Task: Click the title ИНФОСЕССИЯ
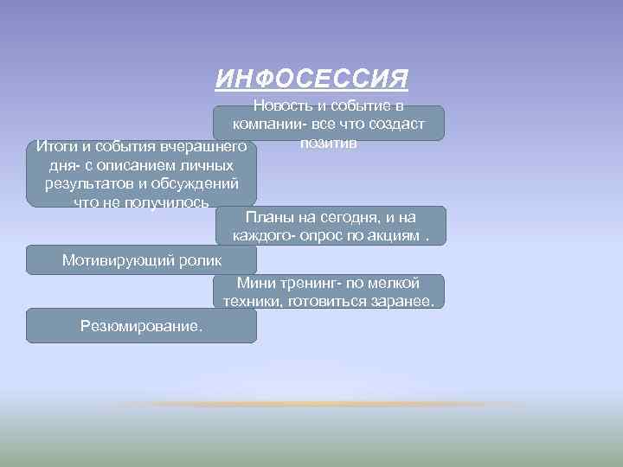coord(311,80)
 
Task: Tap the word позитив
coord(329,143)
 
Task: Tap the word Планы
coord(271,218)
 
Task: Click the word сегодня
coord(349,218)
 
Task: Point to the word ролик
coord(200,259)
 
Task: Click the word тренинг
coord(312,283)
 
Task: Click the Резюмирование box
coord(142,326)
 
